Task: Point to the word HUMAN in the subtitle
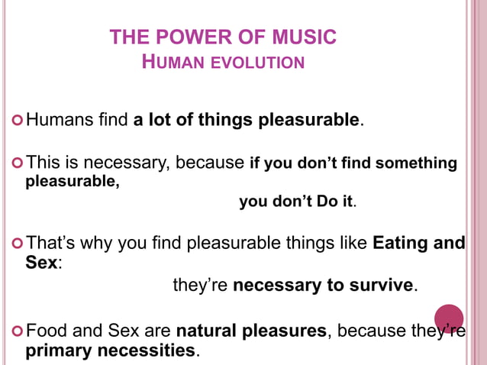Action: pyautogui.click(x=169, y=62)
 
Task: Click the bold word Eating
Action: pyautogui.click(x=402, y=244)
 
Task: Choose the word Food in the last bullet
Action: pyautogui.click(x=46, y=331)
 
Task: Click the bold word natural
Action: pyautogui.click(x=206, y=331)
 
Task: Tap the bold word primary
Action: pyautogui.click(x=57, y=351)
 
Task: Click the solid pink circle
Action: pyautogui.click(x=449, y=318)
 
